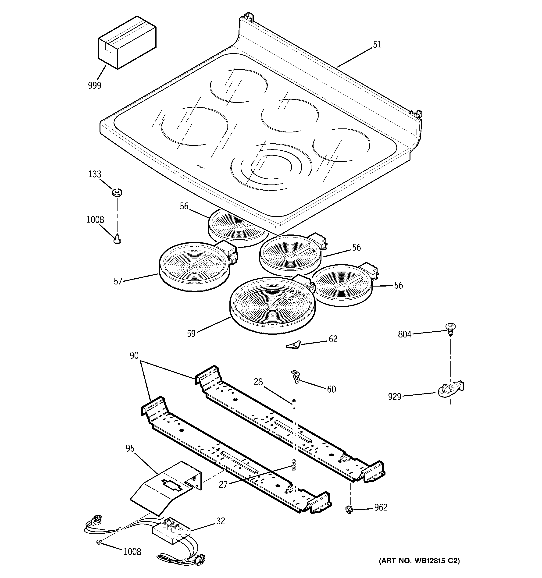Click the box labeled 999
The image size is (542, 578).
(x=127, y=43)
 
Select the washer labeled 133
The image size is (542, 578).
(x=117, y=192)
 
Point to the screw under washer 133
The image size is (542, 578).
(x=117, y=239)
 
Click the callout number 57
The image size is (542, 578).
(x=118, y=281)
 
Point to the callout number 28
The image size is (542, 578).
(x=258, y=382)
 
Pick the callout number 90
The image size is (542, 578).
(x=134, y=356)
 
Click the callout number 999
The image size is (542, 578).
(x=95, y=85)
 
